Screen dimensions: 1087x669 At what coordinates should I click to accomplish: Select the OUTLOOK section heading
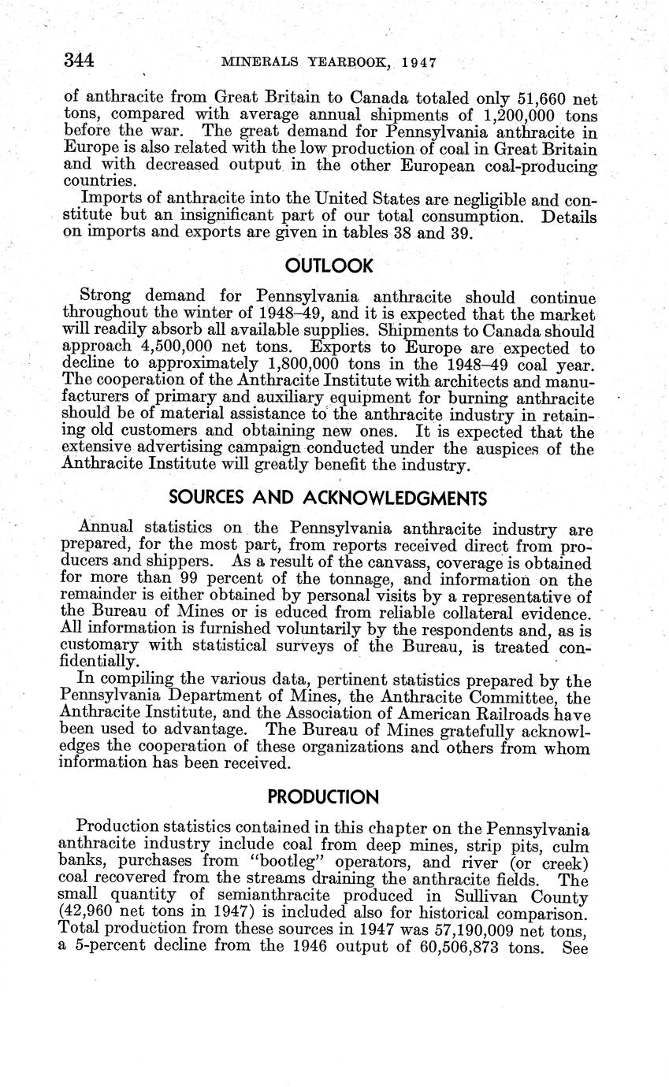pos(329,266)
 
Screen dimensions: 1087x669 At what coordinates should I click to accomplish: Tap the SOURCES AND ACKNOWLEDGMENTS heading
pos(329,498)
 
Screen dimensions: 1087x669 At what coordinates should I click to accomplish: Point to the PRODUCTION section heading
pos(323,797)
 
